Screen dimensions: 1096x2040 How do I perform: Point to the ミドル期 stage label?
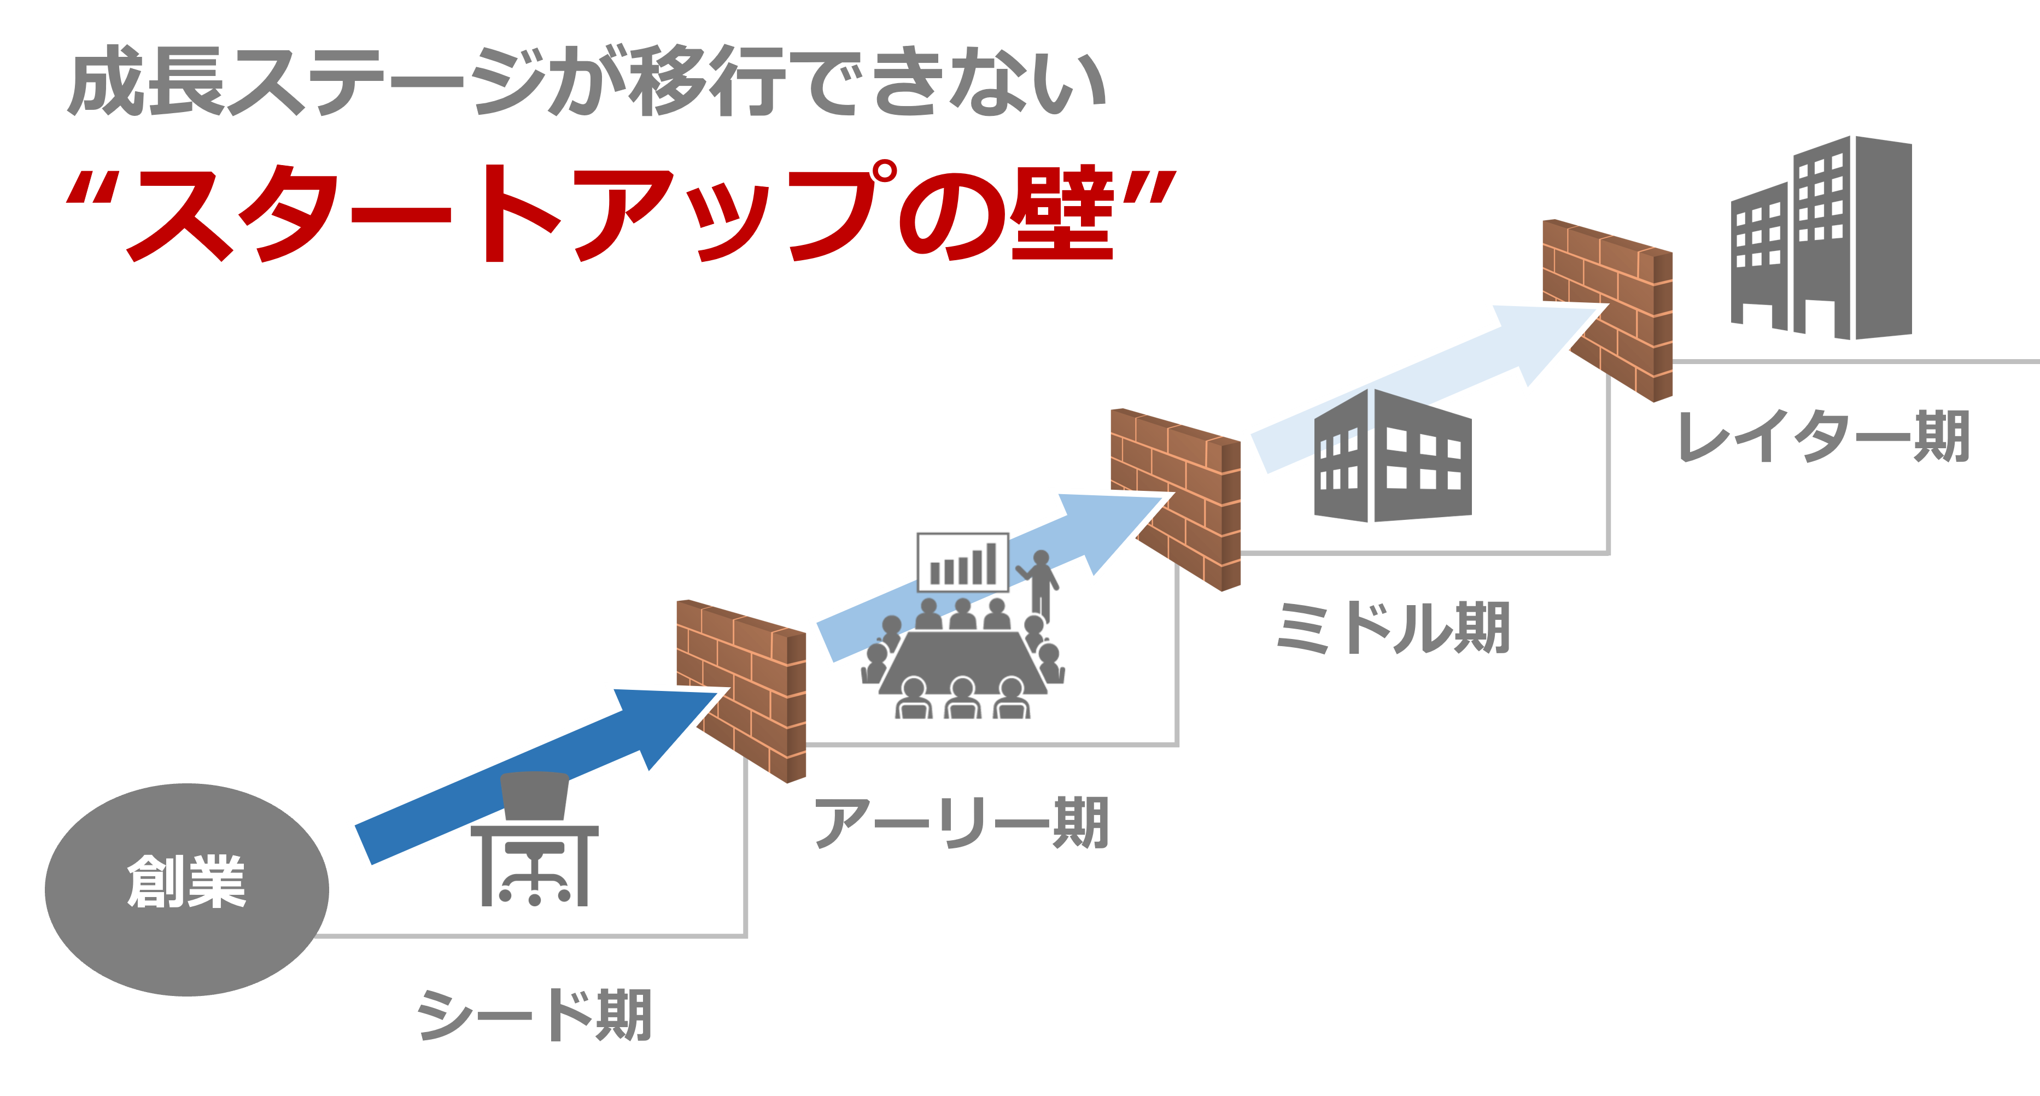[x=1393, y=628]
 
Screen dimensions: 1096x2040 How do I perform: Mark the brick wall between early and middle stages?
[x=1175, y=499]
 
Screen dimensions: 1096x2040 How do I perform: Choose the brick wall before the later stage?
[x=1608, y=309]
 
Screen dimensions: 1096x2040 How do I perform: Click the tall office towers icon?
[x=1821, y=238]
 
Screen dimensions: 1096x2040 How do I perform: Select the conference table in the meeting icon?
[x=962, y=661]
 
